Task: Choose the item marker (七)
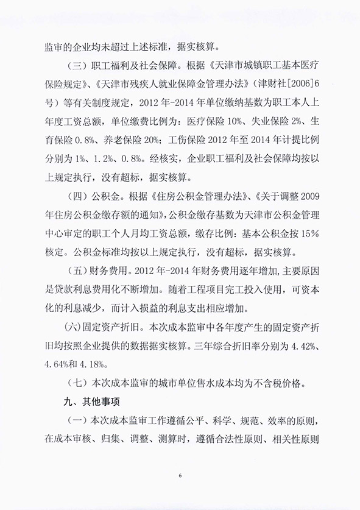click(77, 384)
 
